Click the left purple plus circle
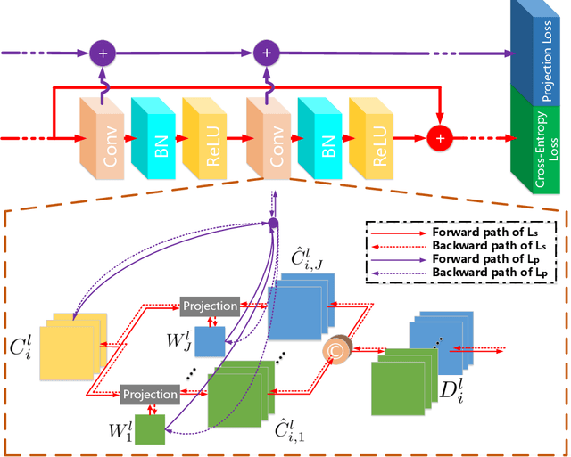click(x=103, y=53)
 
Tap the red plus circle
click(x=439, y=138)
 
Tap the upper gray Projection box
click(x=210, y=306)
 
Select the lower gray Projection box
click(x=149, y=393)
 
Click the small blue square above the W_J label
click(x=211, y=341)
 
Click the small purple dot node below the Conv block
click(x=273, y=223)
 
